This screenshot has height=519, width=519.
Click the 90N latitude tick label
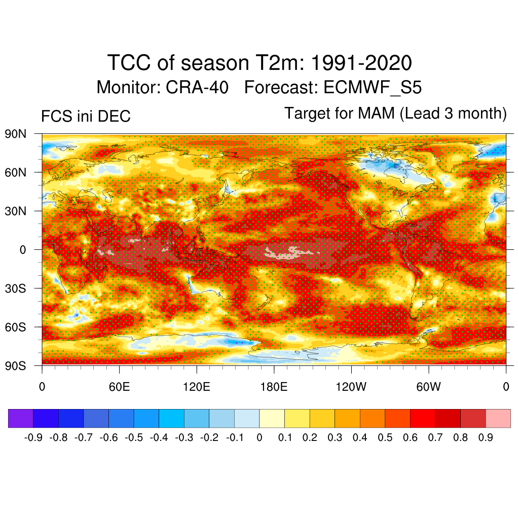click(x=15, y=134)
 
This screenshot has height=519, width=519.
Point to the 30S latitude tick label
click(x=15, y=288)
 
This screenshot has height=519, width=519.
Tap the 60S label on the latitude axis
click(x=15, y=327)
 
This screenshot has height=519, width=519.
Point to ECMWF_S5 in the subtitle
click(x=373, y=88)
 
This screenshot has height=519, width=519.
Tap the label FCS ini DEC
click(x=86, y=117)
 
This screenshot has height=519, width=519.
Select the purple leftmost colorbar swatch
click(x=21, y=418)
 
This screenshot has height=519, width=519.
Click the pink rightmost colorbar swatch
click(x=498, y=418)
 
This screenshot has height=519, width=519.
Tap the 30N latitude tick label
click(x=15, y=211)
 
